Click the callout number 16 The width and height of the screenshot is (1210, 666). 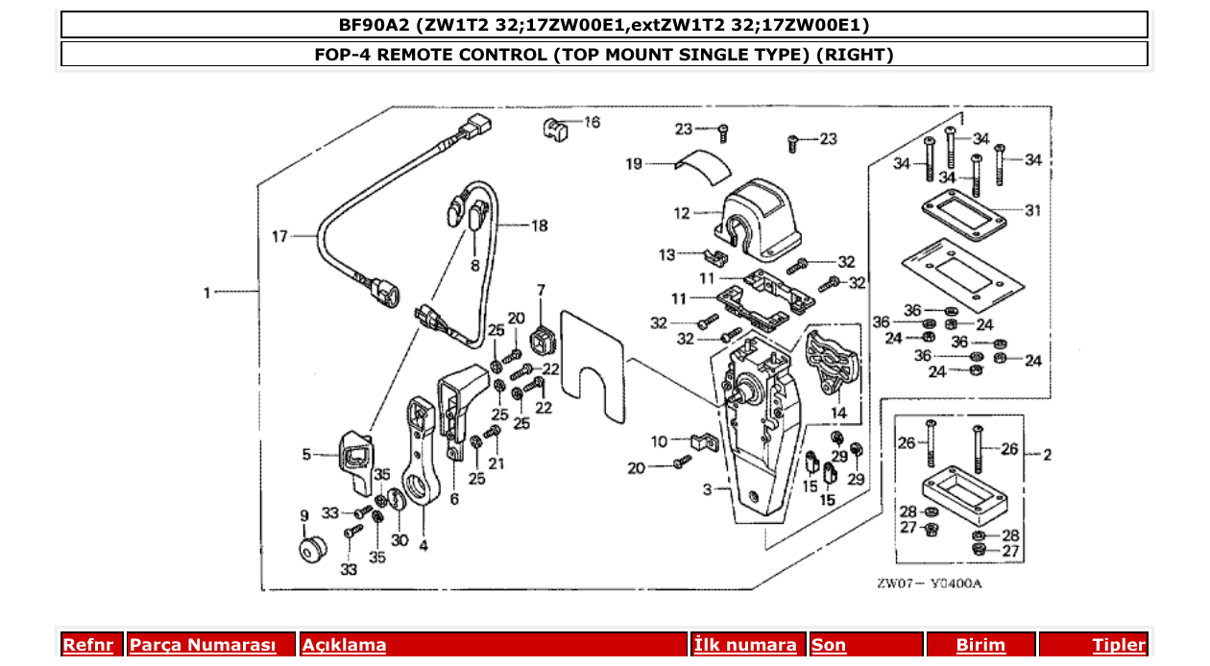592,123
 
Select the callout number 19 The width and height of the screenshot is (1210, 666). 634,164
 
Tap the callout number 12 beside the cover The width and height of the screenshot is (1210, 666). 682,213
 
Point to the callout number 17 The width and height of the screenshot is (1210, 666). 279,236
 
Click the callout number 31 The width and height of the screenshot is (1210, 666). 1032,211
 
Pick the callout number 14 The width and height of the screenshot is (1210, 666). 839,414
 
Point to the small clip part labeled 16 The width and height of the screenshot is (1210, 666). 555,129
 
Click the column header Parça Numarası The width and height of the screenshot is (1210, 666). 203,645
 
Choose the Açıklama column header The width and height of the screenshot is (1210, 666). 344,645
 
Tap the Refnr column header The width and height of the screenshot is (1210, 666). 87,645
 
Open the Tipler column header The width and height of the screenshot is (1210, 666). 1119,645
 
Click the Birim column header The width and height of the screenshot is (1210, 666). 980,645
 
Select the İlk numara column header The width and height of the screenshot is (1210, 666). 745,645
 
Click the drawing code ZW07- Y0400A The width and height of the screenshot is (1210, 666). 929,583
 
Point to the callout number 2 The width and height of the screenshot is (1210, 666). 1047,454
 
